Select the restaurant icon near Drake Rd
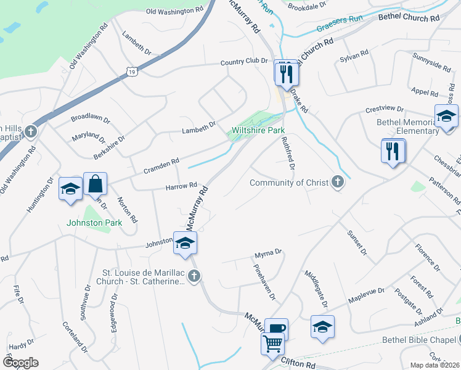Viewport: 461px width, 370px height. pyautogui.click(x=287, y=73)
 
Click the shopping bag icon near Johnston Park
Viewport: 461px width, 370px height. pyautogui.click(x=95, y=184)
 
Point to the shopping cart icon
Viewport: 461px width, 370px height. pyautogui.click(x=272, y=343)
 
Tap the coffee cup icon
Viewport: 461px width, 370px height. pyautogui.click(x=276, y=329)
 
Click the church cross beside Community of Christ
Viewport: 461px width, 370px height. pyautogui.click(x=337, y=182)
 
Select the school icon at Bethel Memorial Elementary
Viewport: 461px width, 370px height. pyautogui.click(x=446, y=116)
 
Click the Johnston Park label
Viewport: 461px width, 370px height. pyautogui.click(x=95, y=222)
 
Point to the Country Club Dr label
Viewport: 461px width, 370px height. pyautogui.click(x=244, y=62)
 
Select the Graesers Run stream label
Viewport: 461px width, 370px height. pyautogui.click(x=339, y=28)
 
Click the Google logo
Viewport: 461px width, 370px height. pyautogui.click(x=20, y=362)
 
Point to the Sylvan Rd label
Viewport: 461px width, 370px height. pyautogui.click(x=354, y=55)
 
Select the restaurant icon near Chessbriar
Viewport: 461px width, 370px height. pyautogui.click(x=393, y=151)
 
